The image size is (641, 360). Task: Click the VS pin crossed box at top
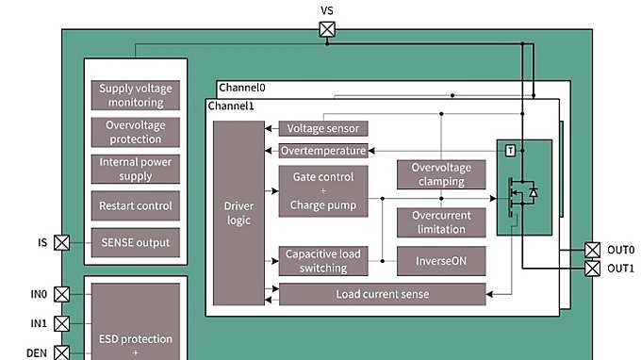[326, 29]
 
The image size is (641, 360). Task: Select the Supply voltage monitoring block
[136, 95]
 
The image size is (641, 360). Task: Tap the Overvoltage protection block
[136, 132]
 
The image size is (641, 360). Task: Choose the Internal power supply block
[136, 169]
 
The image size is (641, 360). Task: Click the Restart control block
[136, 205]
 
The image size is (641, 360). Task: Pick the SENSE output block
[136, 242]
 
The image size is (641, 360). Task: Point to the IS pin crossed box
[61, 243]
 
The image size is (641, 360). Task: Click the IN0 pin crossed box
[61, 294]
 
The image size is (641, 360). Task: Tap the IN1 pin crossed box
[61, 323]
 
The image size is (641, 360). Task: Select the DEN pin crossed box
[61, 352]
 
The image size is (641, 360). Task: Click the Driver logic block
[238, 213]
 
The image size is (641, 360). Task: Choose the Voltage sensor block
[323, 128]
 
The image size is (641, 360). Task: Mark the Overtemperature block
[323, 151]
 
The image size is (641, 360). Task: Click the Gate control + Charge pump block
[323, 191]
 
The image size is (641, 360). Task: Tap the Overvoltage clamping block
[440, 174]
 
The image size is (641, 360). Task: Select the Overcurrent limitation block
[440, 222]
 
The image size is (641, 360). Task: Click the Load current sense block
[382, 294]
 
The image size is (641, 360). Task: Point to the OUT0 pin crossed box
[592, 250]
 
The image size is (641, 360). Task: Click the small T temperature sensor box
[510, 151]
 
